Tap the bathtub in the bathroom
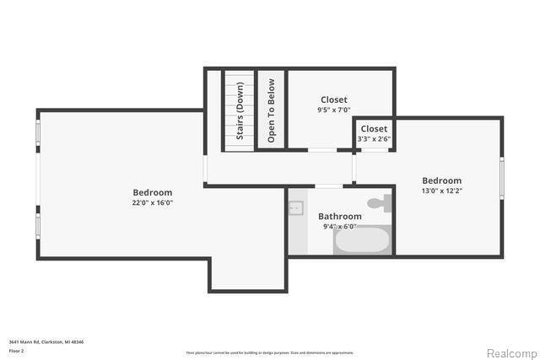coord(363,239)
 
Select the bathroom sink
coord(296,207)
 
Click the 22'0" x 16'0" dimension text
coord(152,203)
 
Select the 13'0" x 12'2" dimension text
coord(441,191)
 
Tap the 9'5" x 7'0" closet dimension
coord(333,110)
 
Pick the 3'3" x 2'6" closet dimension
coord(374,139)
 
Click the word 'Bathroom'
coord(340,216)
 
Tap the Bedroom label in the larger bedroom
coord(152,192)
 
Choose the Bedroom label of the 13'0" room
coord(441,180)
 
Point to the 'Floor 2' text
coord(17,350)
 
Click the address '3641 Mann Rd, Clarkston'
coord(46,341)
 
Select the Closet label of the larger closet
coord(333,99)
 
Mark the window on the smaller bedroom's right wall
coord(502,179)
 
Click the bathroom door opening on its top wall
coord(328,186)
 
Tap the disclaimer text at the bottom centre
coord(270,352)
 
